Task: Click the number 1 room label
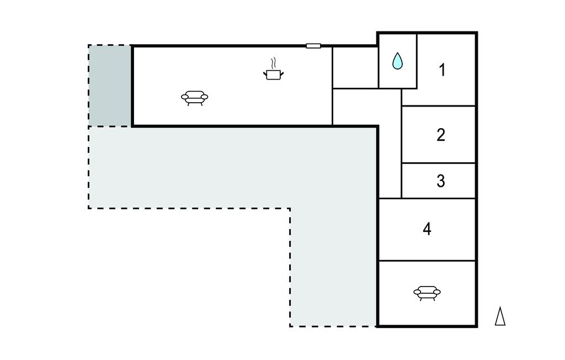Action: [442, 70]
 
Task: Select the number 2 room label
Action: [441, 135]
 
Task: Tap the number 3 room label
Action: [441, 181]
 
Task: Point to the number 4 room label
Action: [427, 229]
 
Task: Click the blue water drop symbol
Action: [397, 61]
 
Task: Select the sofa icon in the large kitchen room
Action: [195, 98]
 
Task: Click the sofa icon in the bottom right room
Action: [427, 293]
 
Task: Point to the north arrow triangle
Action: [500, 316]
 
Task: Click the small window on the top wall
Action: [313, 46]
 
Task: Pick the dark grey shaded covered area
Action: [110, 86]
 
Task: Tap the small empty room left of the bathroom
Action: [355, 67]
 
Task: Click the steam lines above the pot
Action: [274, 63]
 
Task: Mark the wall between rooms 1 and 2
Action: [438, 106]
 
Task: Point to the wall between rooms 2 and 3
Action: [438, 163]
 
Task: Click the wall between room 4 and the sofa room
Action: [427, 261]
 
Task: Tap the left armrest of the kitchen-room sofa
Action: [185, 97]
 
